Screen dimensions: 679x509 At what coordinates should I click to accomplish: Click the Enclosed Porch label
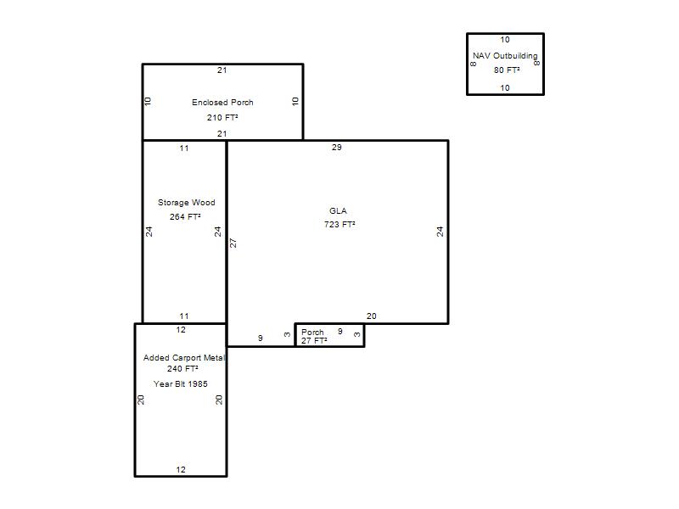(222, 103)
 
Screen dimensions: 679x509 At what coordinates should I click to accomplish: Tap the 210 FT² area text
(222, 117)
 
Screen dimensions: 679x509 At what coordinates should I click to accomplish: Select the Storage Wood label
(186, 203)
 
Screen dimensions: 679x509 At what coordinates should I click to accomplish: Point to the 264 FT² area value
(185, 216)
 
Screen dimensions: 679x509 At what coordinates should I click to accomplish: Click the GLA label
(338, 210)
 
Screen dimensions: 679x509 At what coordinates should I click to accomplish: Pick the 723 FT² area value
(340, 224)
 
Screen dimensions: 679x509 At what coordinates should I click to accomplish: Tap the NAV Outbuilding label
(505, 56)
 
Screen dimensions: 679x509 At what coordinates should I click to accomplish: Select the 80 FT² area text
(507, 70)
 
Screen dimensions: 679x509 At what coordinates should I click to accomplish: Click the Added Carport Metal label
(184, 357)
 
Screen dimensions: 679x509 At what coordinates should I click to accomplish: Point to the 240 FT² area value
(182, 369)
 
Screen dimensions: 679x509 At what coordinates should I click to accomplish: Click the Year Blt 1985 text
(181, 384)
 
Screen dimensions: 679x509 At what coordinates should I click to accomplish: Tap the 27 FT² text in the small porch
(314, 341)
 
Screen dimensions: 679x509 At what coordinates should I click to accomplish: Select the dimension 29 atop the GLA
(336, 147)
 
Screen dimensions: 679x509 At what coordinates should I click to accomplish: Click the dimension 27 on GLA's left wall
(233, 243)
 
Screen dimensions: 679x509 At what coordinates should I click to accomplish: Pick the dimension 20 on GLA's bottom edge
(371, 316)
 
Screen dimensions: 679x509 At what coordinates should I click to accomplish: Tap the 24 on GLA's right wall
(440, 232)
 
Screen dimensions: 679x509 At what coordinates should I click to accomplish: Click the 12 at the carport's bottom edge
(181, 470)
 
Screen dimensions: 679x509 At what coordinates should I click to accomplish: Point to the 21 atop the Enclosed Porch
(222, 70)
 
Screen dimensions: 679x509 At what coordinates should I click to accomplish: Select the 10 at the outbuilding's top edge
(505, 39)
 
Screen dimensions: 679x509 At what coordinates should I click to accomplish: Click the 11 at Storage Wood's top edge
(184, 148)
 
